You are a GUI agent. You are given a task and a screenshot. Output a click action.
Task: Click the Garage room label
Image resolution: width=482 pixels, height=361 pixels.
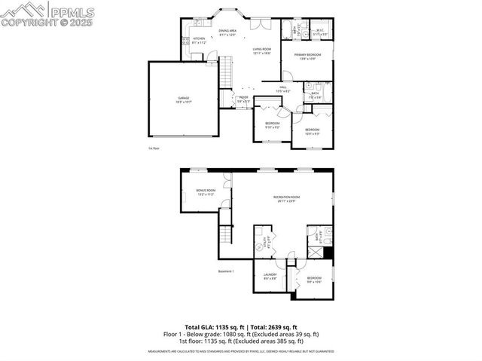[183, 99]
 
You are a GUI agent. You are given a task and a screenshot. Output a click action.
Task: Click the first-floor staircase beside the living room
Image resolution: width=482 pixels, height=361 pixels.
[224, 74]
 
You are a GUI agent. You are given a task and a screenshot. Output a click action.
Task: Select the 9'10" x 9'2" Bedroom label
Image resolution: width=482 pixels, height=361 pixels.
[272, 124]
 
